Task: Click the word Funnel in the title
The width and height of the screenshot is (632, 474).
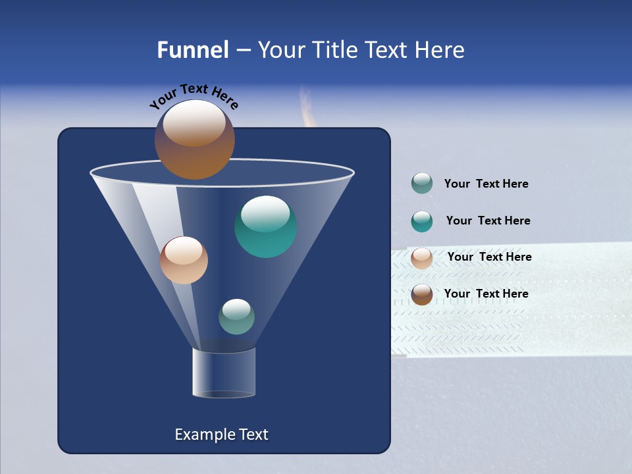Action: point(192,50)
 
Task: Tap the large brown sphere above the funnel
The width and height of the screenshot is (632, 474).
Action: point(194,140)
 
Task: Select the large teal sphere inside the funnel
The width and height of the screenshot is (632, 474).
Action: point(265,227)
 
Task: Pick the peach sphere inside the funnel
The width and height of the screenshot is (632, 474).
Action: point(184,260)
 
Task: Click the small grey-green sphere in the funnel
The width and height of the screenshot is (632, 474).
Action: point(236,317)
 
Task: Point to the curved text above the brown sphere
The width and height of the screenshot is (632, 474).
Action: point(194,95)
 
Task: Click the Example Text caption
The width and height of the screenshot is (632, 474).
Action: point(221,434)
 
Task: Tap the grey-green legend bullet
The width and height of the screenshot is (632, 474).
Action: point(422,184)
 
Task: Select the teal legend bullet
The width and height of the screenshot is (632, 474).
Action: point(422,221)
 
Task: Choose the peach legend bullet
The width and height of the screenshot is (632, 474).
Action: point(422,258)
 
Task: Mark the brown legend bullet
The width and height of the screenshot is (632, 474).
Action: point(422,294)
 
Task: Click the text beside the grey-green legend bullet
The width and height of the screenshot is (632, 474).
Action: point(486,184)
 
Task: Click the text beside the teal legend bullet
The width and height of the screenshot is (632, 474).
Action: point(488,221)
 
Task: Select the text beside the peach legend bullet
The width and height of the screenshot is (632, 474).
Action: point(489,257)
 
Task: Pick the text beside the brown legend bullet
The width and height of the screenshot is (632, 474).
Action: point(486,294)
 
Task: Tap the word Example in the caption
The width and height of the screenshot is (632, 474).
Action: point(199,434)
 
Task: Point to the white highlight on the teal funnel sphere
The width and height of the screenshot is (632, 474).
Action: point(265,213)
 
